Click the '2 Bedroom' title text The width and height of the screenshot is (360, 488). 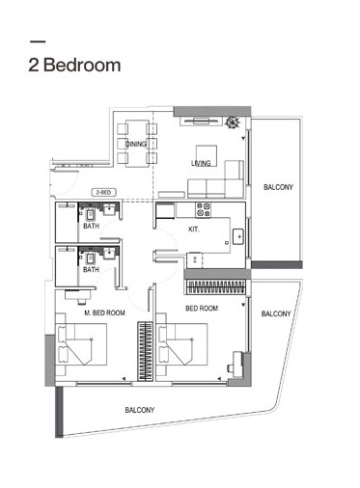coord(75,66)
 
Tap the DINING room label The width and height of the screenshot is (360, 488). coord(135,144)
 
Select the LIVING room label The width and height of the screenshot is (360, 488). coord(201,163)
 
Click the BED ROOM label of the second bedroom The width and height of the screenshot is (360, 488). coord(201,309)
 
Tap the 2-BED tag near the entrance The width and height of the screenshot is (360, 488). coord(104,192)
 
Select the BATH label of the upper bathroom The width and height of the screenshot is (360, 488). coord(91,226)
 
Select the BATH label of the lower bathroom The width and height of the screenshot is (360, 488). coord(91,270)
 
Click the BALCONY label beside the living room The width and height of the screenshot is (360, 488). coord(279,187)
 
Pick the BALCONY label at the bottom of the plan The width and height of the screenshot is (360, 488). coord(140,410)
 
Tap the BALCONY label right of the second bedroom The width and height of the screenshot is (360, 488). coord(277,313)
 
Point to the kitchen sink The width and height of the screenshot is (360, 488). coord(238,234)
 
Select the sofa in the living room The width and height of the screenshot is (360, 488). coord(228,178)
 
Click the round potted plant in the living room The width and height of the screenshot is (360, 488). coord(233,122)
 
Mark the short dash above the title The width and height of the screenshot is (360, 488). coord(39,41)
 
